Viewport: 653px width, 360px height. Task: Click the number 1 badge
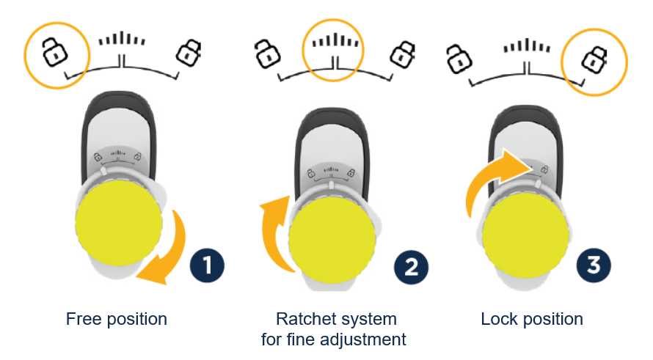(207, 265)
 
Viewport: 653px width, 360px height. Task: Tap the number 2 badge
(411, 267)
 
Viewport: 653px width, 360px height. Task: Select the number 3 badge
(594, 265)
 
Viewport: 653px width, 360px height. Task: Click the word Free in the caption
(84, 319)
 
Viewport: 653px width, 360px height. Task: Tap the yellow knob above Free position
(119, 224)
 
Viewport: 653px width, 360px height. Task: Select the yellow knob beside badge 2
(332, 240)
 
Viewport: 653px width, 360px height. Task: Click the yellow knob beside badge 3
(525, 235)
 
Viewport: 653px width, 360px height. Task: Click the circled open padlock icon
(54, 52)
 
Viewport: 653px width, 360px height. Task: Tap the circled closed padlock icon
(594, 60)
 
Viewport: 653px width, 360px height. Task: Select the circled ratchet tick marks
(335, 41)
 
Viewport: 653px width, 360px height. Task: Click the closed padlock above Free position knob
(189, 53)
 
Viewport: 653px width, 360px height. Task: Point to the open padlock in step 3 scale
(459, 59)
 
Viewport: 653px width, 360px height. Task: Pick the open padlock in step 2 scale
(267, 54)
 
